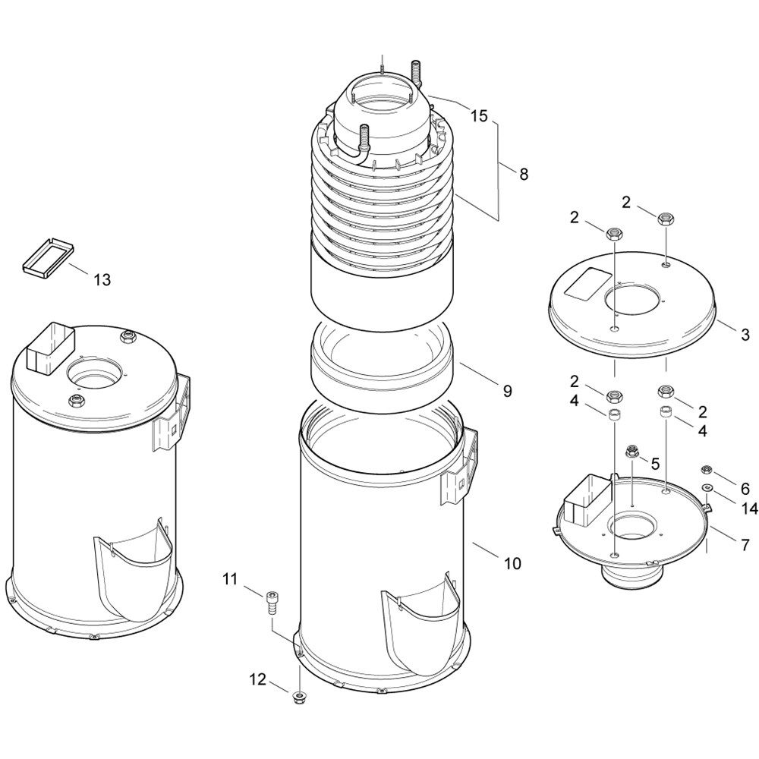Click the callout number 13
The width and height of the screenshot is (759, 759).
[102, 279]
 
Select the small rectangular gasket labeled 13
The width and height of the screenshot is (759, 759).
[49, 257]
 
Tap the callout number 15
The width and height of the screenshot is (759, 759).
[479, 116]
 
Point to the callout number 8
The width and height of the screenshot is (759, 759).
[523, 175]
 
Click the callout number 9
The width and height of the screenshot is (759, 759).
[507, 391]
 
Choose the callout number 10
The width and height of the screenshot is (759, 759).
[512, 563]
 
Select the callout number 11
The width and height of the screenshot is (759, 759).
[231, 578]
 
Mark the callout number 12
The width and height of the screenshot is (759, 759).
[258, 679]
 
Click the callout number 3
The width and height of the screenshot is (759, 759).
[745, 335]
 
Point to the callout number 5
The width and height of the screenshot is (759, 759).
[655, 464]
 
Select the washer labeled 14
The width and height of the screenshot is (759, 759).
[707, 487]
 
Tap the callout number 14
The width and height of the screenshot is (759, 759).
[748, 508]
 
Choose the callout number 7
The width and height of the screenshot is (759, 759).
[745, 545]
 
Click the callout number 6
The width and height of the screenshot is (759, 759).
[745, 488]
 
